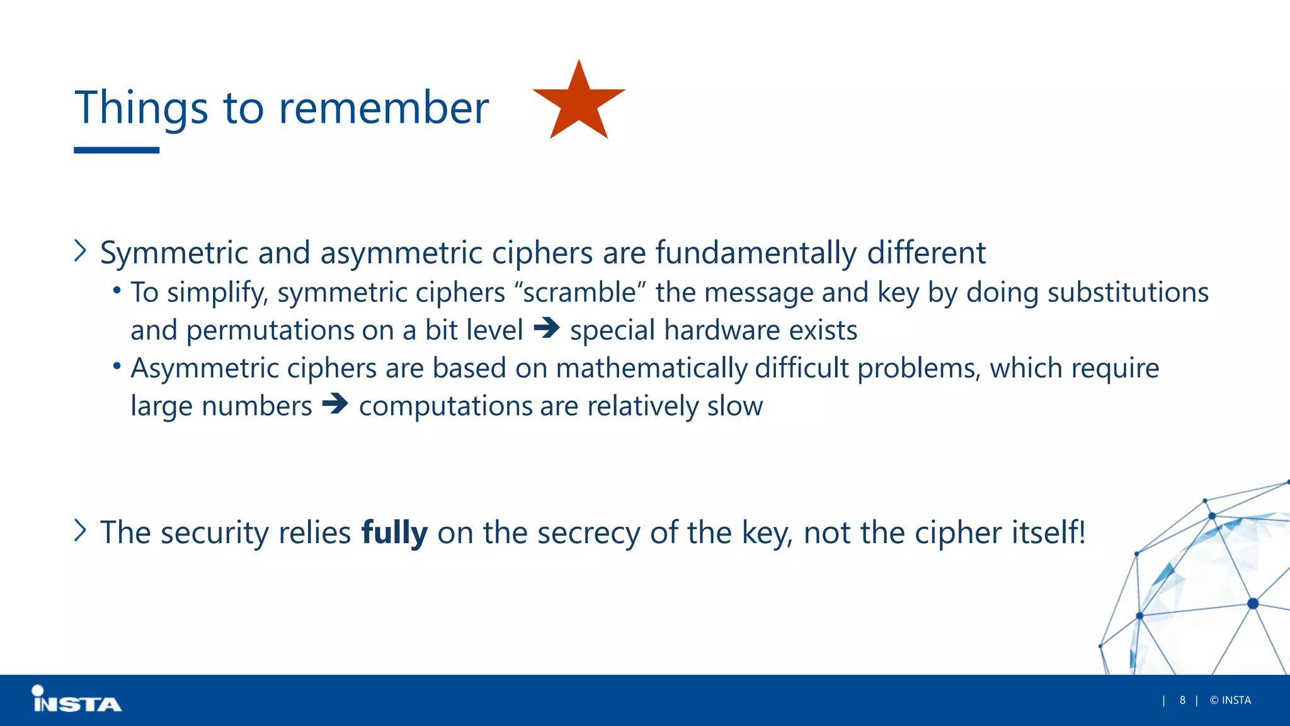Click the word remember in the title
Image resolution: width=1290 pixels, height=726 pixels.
[x=384, y=108]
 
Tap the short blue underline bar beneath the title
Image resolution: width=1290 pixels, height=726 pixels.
[x=117, y=150]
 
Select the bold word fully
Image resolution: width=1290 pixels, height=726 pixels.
[x=394, y=533]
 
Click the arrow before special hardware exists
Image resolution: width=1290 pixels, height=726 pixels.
[x=546, y=328]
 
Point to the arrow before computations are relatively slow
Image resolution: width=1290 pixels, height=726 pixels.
[x=334, y=404]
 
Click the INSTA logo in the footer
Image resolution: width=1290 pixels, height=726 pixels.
[x=77, y=700]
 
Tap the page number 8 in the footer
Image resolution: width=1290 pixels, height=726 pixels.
[x=1182, y=700]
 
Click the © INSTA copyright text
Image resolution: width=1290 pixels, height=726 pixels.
[x=1230, y=700]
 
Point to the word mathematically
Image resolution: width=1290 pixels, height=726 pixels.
[x=651, y=369]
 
